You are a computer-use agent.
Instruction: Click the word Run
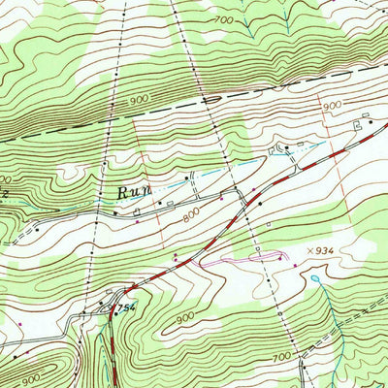click(133, 193)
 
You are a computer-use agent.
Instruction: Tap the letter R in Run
click(123, 193)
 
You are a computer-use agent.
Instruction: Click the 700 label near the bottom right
click(280, 359)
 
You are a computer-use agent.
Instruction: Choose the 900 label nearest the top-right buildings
click(333, 105)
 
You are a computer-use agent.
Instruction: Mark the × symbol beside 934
click(307, 250)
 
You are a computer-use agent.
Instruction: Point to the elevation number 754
click(123, 308)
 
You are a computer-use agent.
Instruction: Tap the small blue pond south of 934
click(314, 279)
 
